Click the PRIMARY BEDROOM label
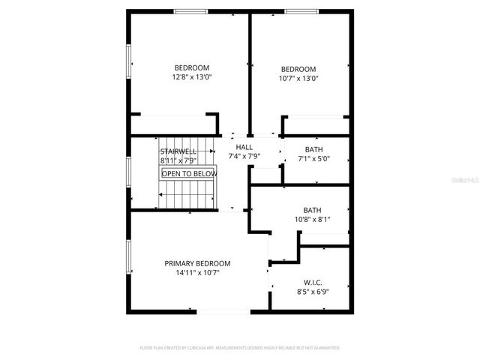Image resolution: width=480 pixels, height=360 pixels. pos(197,263)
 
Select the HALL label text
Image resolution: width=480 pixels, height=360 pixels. pos(244,147)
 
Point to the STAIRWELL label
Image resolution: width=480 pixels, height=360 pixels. pos(178,151)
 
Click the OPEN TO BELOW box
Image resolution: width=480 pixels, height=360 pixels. pos(189,174)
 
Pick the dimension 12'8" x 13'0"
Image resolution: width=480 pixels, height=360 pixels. pos(192,76)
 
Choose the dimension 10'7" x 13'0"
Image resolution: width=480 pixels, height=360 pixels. pos(298,78)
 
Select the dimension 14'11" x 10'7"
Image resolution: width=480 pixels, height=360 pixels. pos(197,273)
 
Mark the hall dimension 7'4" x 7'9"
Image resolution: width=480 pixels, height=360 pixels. pos(244,157)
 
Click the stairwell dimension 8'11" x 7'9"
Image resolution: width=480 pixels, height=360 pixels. pos(178,160)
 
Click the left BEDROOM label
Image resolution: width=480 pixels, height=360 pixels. pos(192,67)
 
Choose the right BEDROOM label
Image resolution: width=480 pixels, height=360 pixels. pos(298,69)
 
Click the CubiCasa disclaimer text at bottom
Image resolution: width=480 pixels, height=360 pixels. pos(240,348)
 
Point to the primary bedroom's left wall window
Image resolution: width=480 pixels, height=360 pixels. pos(128,256)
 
